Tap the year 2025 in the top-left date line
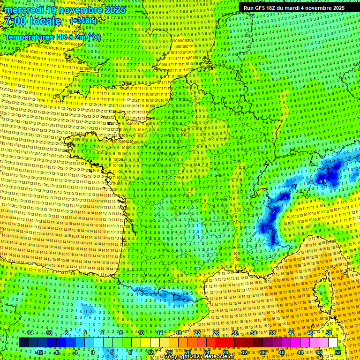pyautogui.click(x=115, y=10)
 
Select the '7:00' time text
pyautogui.click(x=15, y=21)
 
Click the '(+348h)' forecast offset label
pyautogui.click(x=83, y=21)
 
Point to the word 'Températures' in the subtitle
pyautogui.click(x=28, y=37)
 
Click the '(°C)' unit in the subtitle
pyautogui.click(x=94, y=37)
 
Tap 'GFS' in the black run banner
pyautogui.click(x=261, y=8)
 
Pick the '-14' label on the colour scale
pyautogui.click(x=29, y=333)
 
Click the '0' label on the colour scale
pyautogui.click(x=92, y=352)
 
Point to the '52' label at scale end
pyautogui.click(x=338, y=352)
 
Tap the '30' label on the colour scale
pyautogui.click(x=234, y=333)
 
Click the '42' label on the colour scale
pyautogui.click(x=291, y=333)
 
